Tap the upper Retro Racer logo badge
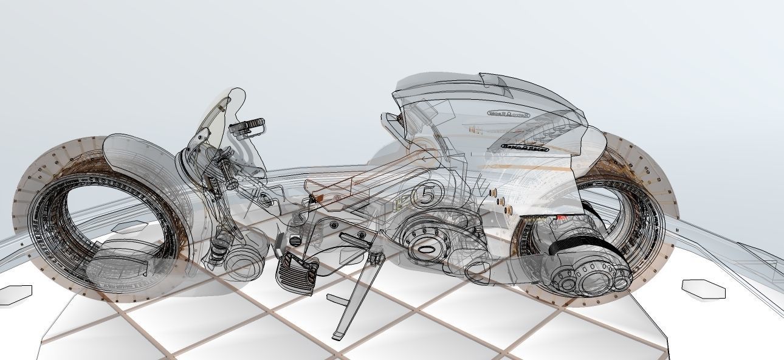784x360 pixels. click(509, 113)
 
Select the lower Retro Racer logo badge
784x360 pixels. click(525, 147)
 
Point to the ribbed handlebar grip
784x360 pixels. click(249, 126)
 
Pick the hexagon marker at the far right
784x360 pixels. click(703, 289)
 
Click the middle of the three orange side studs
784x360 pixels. click(501, 201)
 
